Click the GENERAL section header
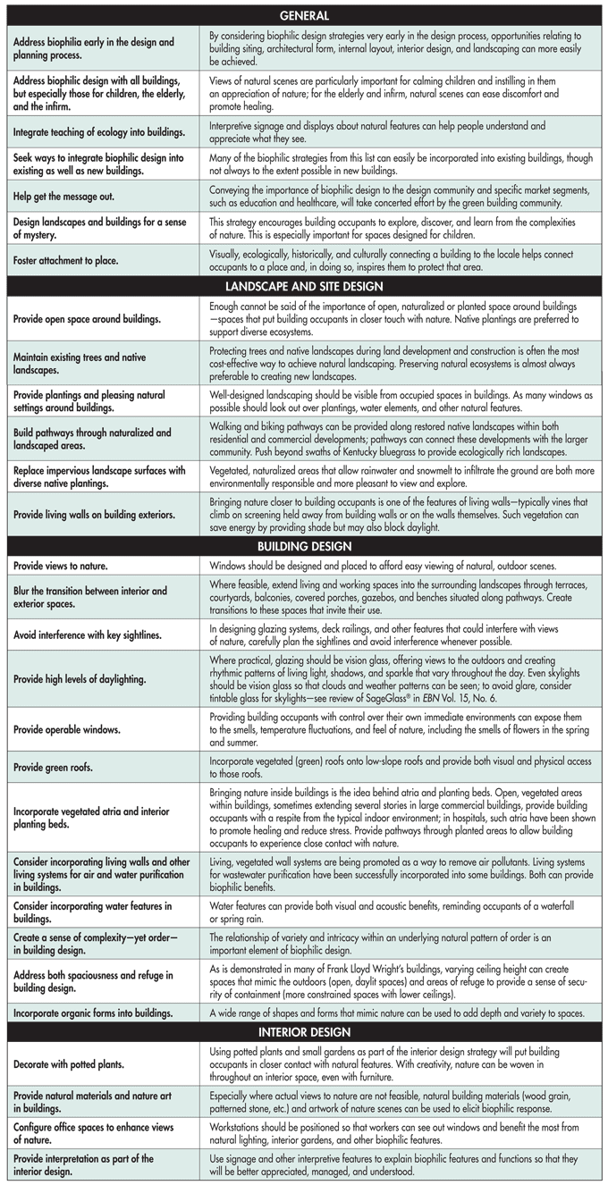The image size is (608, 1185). coord(304,15)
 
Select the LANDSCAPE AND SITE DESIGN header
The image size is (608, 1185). coord(304,286)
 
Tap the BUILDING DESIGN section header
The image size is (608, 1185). coord(304,546)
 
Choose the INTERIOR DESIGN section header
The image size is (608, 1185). coord(304,1030)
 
